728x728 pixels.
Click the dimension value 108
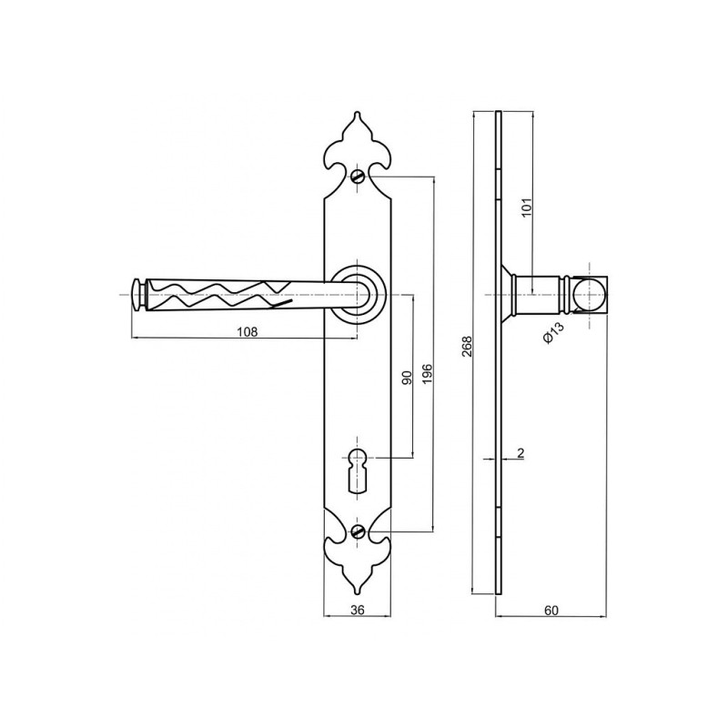[247, 331]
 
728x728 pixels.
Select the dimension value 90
[407, 378]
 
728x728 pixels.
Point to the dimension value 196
[427, 374]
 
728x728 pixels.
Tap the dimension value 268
[467, 347]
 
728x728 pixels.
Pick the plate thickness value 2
[521, 452]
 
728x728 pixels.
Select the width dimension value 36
[357, 610]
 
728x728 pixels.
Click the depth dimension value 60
[551, 610]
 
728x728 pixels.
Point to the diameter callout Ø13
[553, 332]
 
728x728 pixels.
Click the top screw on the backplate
[358, 177]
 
